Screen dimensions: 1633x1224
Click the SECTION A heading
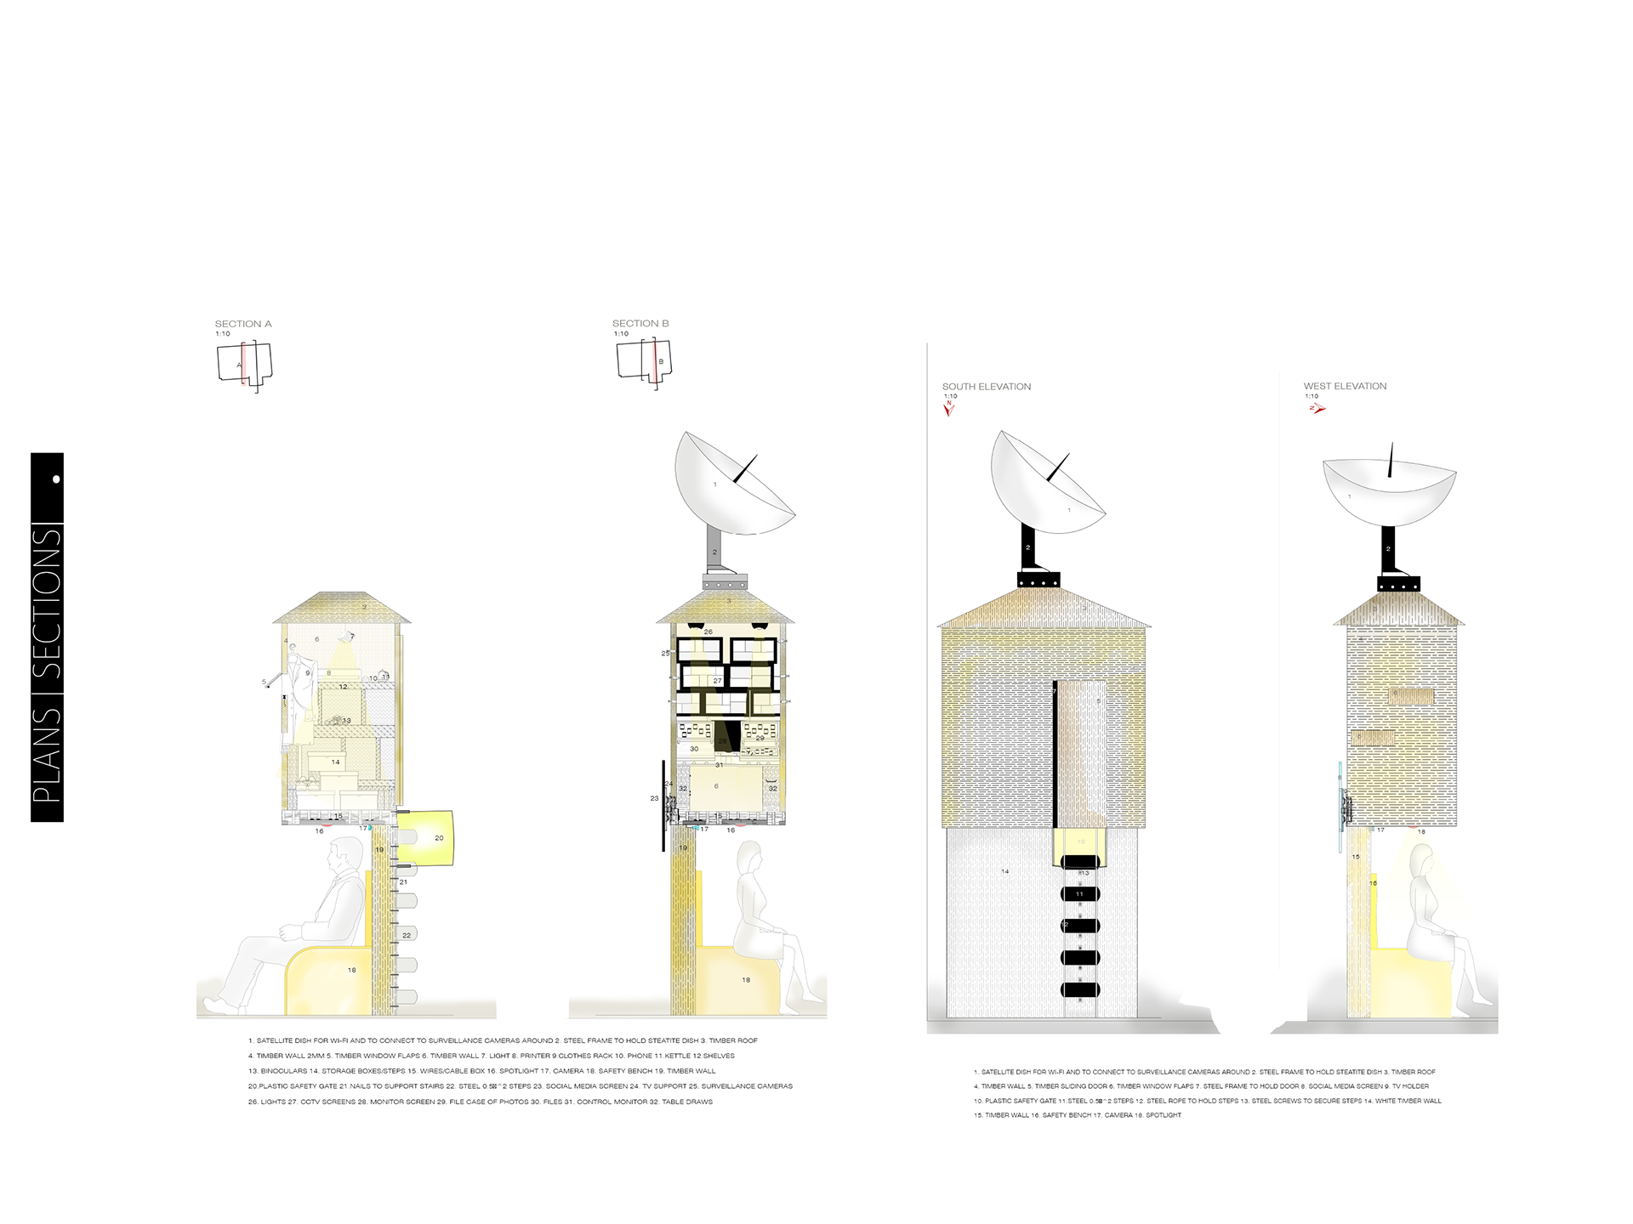[x=243, y=324]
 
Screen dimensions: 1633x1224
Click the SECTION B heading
[x=640, y=324]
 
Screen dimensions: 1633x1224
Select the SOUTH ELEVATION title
[x=987, y=387]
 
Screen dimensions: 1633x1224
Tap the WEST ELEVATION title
[x=1345, y=386]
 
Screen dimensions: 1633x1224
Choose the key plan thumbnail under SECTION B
[x=644, y=363]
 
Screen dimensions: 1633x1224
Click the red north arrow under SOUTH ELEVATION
[x=949, y=409]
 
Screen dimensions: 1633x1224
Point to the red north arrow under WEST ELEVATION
[x=1317, y=409]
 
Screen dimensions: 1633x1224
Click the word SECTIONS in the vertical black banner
[x=48, y=603]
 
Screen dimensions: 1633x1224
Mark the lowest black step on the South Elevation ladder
[x=1080, y=989]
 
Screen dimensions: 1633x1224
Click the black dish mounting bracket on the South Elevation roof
[x=1038, y=579]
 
